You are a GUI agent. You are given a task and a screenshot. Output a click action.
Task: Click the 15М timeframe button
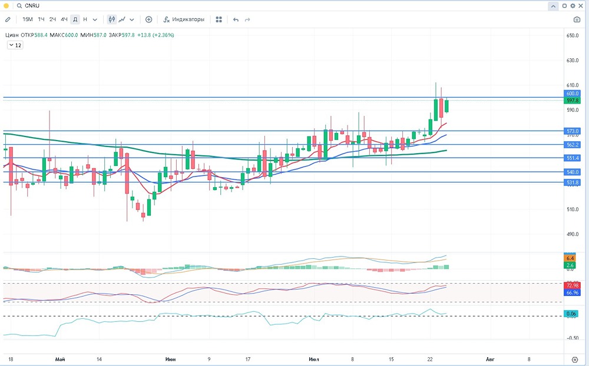[x=27, y=19]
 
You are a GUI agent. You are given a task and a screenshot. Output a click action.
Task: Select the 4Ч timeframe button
[x=64, y=19]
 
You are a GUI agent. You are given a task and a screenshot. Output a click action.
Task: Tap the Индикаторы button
[x=184, y=19]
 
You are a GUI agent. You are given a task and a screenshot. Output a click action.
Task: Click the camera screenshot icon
[x=577, y=19]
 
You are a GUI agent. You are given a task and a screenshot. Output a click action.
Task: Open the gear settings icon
[x=573, y=5]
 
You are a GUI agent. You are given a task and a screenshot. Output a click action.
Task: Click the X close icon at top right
[x=581, y=5]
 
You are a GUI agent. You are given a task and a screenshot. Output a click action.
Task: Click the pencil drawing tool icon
[x=8, y=19]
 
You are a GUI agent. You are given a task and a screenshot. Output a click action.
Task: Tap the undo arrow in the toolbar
[x=236, y=19]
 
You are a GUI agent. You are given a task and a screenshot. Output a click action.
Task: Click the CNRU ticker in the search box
[x=32, y=5]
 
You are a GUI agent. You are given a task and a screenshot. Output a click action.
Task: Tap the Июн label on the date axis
[x=170, y=358]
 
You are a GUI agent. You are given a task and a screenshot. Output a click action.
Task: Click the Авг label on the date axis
[x=489, y=358]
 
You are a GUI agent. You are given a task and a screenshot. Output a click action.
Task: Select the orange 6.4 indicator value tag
[x=570, y=258]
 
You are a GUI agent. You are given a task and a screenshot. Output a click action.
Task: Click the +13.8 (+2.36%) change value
[x=156, y=35]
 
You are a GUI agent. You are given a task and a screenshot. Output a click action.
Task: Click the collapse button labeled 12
[x=15, y=45]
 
